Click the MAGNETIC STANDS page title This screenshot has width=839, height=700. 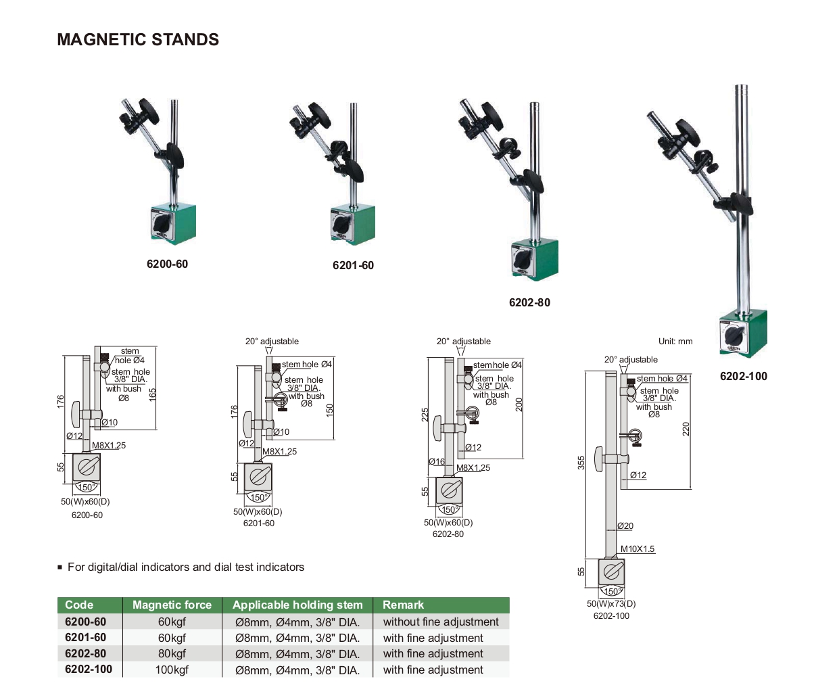click(x=138, y=40)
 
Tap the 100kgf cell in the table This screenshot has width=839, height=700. click(x=172, y=670)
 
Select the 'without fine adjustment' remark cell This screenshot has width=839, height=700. click(x=440, y=622)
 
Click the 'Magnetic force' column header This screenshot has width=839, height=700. click(x=172, y=605)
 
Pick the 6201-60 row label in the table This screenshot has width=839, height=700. click(x=85, y=637)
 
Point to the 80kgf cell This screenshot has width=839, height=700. click(x=172, y=653)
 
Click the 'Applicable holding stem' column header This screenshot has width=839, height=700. click(x=297, y=605)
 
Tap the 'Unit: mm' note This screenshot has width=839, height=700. click(x=675, y=342)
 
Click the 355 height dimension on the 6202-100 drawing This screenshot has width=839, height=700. click(x=581, y=463)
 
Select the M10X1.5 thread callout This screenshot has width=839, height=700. click(x=638, y=549)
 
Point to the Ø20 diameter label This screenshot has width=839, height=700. click(x=625, y=526)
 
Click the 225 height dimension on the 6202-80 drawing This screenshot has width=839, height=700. click(x=425, y=414)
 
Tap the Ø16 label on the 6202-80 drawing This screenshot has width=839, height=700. click(x=437, y=462)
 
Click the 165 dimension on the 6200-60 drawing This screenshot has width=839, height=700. click(x=153, y=392)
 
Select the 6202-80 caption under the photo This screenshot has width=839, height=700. click(x=529, y=302)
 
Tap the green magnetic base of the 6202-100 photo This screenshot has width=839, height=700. click(x=742, y=333)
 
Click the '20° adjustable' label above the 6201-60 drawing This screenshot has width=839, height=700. click(x=272, y=342)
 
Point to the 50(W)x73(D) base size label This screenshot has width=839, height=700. click(x=611, y=603)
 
